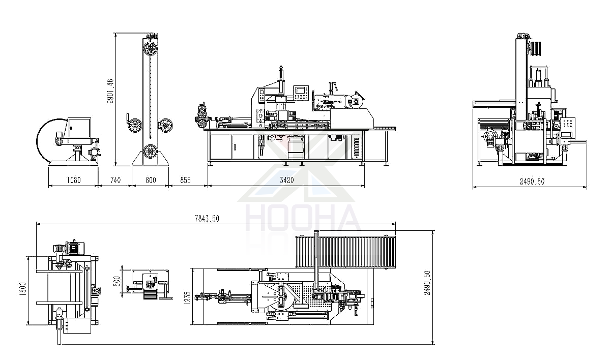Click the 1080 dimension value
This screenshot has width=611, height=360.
click(x=74, y=180)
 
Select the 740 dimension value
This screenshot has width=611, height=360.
click(x=115, y=180)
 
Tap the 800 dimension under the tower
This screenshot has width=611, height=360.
click(x=151, y=180)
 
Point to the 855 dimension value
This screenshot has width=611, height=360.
click(x=185, y=180)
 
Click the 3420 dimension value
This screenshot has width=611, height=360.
click(x=287, y=180)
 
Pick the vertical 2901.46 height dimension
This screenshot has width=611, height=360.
click(x=110, y=91)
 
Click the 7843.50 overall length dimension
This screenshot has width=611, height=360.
click(x=207, y=219)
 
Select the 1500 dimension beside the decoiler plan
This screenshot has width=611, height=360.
click(x=23, y=289)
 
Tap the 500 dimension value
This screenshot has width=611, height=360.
click(x=117, y=281)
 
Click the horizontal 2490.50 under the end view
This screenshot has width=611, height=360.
click(x=532, y=182)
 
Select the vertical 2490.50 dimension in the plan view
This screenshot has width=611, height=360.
click(x=427, y=283)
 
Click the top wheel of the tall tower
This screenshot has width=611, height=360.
click(x=150, y=49)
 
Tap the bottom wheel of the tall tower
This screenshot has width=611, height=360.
click(x=150, y=152)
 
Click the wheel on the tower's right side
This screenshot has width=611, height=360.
click(x=165, y=126)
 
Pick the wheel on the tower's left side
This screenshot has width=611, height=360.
click(x=135, y=126)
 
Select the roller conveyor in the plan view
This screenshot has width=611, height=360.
click(x=345, y=252)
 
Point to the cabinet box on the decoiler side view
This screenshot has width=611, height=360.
click(x=79, y=128)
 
